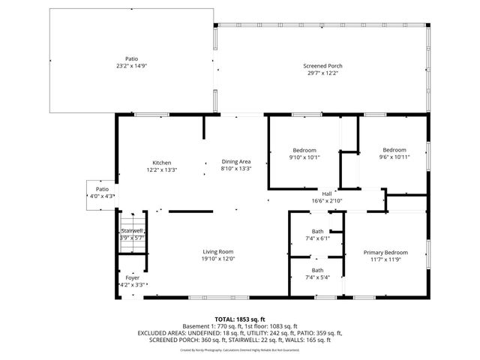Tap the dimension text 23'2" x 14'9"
click(131, 65)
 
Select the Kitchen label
click(162, 163)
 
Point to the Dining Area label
click(235, 162)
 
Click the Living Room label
click(218, 251)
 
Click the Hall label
click(327, 193)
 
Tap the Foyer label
click(132, 277)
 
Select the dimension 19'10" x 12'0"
click(218, 259)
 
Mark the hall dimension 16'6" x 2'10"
click(327, 200)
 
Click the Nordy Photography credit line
click(240, 349)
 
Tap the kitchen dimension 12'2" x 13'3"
click(162, 169)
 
